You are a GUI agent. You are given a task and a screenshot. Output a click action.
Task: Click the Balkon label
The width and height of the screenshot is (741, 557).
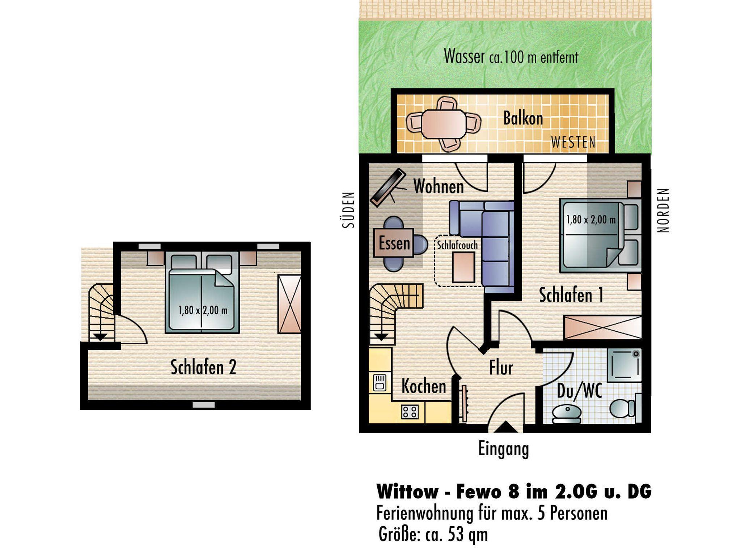pyautogui.click(x=523, y=118)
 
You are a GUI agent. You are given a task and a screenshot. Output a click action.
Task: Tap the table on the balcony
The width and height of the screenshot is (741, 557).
pyautogui.click(x=444, y=124)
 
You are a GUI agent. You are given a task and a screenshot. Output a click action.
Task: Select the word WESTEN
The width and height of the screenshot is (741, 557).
pyautogui.click(x=573, y=142)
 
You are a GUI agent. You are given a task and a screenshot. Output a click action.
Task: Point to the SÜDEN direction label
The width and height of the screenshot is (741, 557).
pyautogui.click(x=348, y=210)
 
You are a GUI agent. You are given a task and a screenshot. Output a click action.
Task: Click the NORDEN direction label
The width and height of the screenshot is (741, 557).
pyautogui.click(x=663, y=210)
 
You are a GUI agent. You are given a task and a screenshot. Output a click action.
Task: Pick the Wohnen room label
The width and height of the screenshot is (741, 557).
pyautogui.click(x=439, y=187)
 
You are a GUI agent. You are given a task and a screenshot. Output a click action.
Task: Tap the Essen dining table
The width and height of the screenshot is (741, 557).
pyautogui.click(x=394, y=243)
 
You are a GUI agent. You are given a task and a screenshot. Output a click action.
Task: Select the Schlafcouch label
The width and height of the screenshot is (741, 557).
pyautogui.click(x=457, y=245)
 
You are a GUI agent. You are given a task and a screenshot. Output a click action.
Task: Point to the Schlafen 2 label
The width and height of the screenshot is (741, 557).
pyautogui.click(x=203, y=367)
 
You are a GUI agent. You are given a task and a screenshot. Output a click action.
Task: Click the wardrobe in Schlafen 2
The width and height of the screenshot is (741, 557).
pyautogui.click(x=289, y=304)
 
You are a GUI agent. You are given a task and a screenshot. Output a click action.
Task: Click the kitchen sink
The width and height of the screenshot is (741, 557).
pyautogui.click(x=379, y=383)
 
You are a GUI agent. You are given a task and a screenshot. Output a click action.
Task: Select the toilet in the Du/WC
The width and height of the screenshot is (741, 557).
pyautogui.click(x=622, y=408)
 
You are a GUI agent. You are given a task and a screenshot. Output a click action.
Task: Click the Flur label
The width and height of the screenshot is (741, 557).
pyautogui.click(x=501, y=368)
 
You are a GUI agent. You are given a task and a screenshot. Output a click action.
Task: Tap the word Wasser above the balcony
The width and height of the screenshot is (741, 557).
pyautogui.click(x=464, y=56)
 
